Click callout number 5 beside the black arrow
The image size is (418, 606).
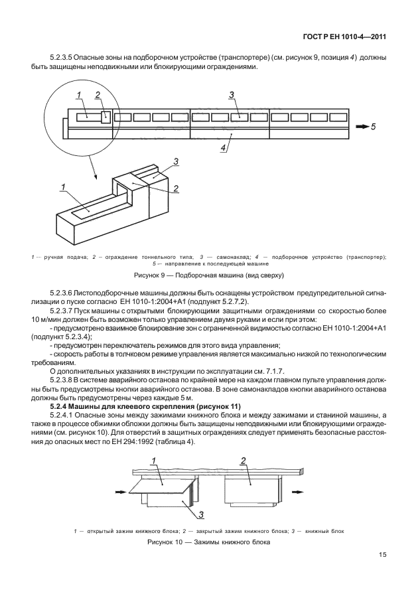(x=373, y=126)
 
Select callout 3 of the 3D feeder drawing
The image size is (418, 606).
(x=176, y=161)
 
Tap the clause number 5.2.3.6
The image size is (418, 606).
(x=64, y=293)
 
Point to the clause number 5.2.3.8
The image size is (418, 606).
(x=64, y=379)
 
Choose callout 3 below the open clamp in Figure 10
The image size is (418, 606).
(x=201, y=514)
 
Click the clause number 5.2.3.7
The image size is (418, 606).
(x=64, y=310)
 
